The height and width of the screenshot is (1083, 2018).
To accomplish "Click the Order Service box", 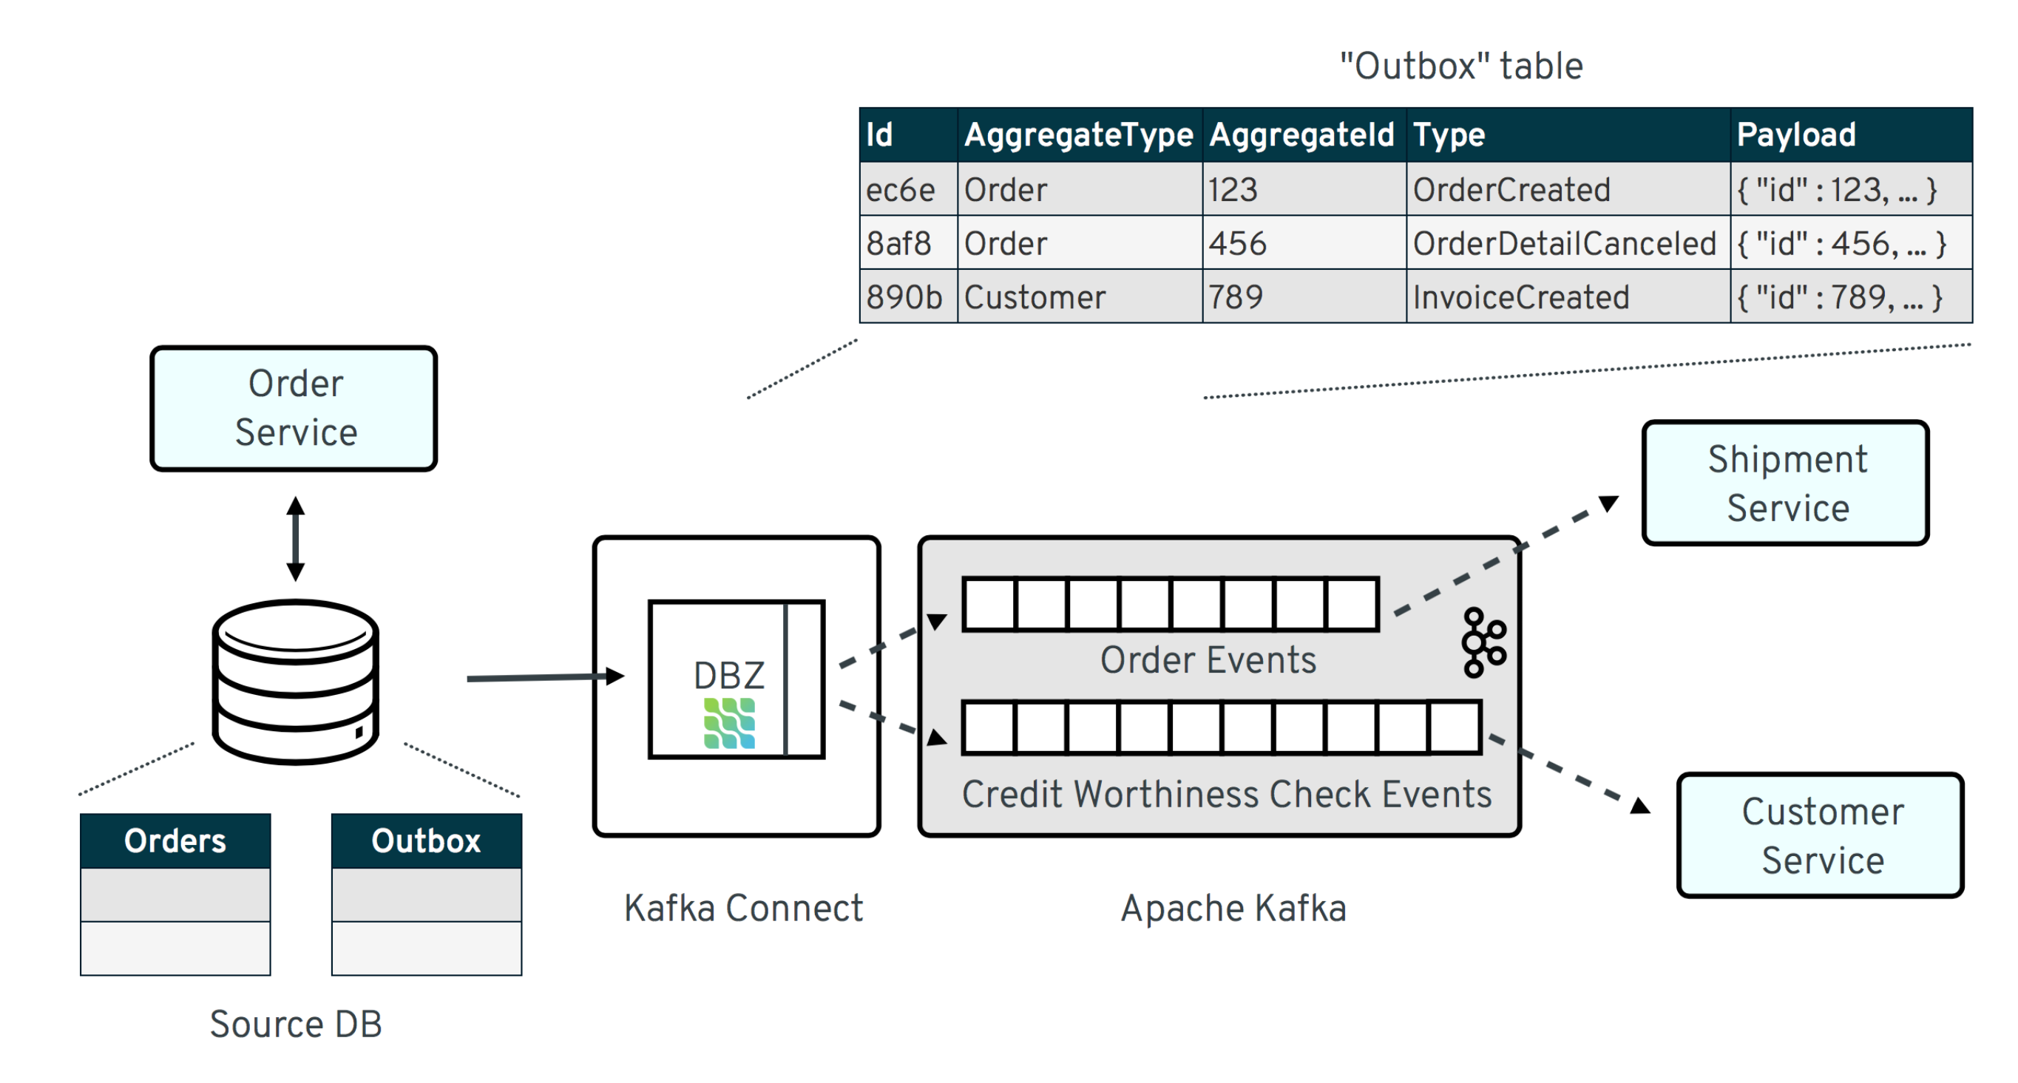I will (x=294, y=408).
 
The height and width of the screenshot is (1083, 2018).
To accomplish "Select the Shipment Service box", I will (x=1785, y=483).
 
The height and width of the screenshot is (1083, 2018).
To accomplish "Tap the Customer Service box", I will (x=1820, y=835).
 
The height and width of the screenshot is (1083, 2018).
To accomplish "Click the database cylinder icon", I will (x=295, y=682).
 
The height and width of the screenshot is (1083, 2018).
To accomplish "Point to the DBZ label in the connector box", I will (x=728, y=675).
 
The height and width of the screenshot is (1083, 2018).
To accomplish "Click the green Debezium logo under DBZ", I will (x=728, y=723).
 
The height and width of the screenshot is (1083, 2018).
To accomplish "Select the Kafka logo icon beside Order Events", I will (x=1482, y=642).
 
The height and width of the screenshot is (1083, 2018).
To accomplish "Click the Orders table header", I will (x=175, y=841).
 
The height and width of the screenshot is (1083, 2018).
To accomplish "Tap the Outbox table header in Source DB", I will (x=426, y=841).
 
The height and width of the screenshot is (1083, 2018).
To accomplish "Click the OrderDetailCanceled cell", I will (x=1565, y=243).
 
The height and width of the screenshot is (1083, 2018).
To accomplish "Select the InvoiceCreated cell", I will (x=1521, y=298).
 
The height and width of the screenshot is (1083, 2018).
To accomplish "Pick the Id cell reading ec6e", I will (x=901, y=190).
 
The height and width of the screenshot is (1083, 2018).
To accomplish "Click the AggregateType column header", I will (x=1078, y=135).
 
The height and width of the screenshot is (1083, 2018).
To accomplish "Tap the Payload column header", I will (x=1795, y=135).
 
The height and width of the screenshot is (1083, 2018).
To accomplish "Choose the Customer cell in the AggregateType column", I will (x=1035, y=298).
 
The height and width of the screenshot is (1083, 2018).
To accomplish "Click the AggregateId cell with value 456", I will (x=1238, y=243).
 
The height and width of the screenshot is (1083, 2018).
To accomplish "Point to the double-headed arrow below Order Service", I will (x=295, y=539).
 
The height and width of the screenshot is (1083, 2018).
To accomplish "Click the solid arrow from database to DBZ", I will (x=541, y=676).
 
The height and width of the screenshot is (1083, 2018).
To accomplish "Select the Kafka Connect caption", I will (x=742, y=909).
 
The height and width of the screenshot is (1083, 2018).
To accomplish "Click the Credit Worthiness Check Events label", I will (x=1226, y=794).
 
